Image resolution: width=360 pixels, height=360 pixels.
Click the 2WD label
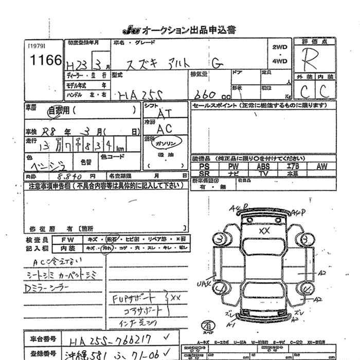click(x=279, y=47)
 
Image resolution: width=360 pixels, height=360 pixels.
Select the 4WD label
click(x=279, y=60)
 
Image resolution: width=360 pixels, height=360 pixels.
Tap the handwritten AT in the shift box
click(x=165, y=112)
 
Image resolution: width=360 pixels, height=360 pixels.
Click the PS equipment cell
click(x=204, y=167)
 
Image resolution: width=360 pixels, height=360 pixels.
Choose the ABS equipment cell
click(x=264, y=167)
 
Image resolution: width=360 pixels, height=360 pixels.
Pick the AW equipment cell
click(x=322, y=167)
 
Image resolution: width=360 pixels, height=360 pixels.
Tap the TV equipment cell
click(x=264, y=174)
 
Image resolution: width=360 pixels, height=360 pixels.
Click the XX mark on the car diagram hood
click(x=264, y=231)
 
